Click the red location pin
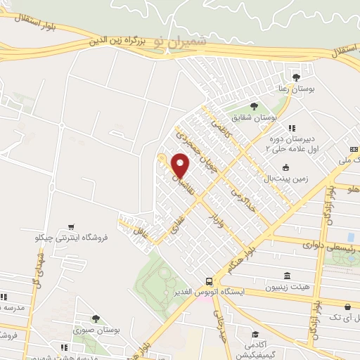pyautogui.click(x=181, y=165)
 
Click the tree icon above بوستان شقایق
pyautogui.click(x=254, y=106)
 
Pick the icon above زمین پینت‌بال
pyautogui.click(x=286, y=167)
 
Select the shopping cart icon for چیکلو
pyautogui.click(x=72, y=226)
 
